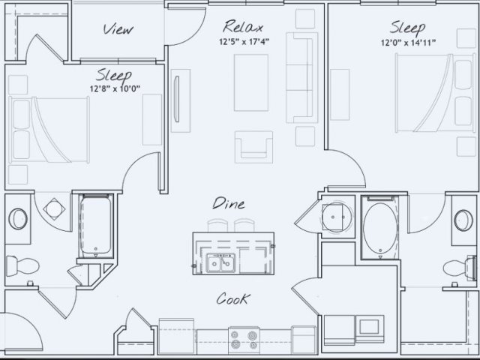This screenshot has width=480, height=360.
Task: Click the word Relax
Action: pos(243,26)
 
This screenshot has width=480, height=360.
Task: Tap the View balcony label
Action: pos(118,29)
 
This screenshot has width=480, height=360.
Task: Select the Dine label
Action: pos(229,203)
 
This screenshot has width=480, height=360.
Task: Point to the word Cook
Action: pos(233,298)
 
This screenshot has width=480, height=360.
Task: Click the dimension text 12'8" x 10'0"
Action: pos(115,88)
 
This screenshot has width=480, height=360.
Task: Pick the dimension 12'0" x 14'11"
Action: pos(408,43)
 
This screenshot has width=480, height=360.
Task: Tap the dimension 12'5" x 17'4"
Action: pos(244,41)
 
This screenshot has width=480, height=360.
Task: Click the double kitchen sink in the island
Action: pos(220,262)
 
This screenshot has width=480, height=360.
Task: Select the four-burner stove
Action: pos(244,339)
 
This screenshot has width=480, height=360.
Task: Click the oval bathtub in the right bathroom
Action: pos(380,228)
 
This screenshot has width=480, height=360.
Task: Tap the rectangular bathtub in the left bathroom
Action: pos(96,225)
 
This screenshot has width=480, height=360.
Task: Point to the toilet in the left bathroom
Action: pos(22,265)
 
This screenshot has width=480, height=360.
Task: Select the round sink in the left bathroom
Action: pos(18,219)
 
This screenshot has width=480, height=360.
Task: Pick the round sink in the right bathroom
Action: pos(463,220)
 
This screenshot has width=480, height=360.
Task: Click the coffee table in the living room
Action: pos(251,82)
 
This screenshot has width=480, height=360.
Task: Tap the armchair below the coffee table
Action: pos(253,147)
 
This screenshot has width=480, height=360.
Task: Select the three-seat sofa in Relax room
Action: pos(301,78)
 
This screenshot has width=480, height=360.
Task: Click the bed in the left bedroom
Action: pos(49,130)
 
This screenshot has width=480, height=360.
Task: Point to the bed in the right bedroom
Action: pos(436,93)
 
